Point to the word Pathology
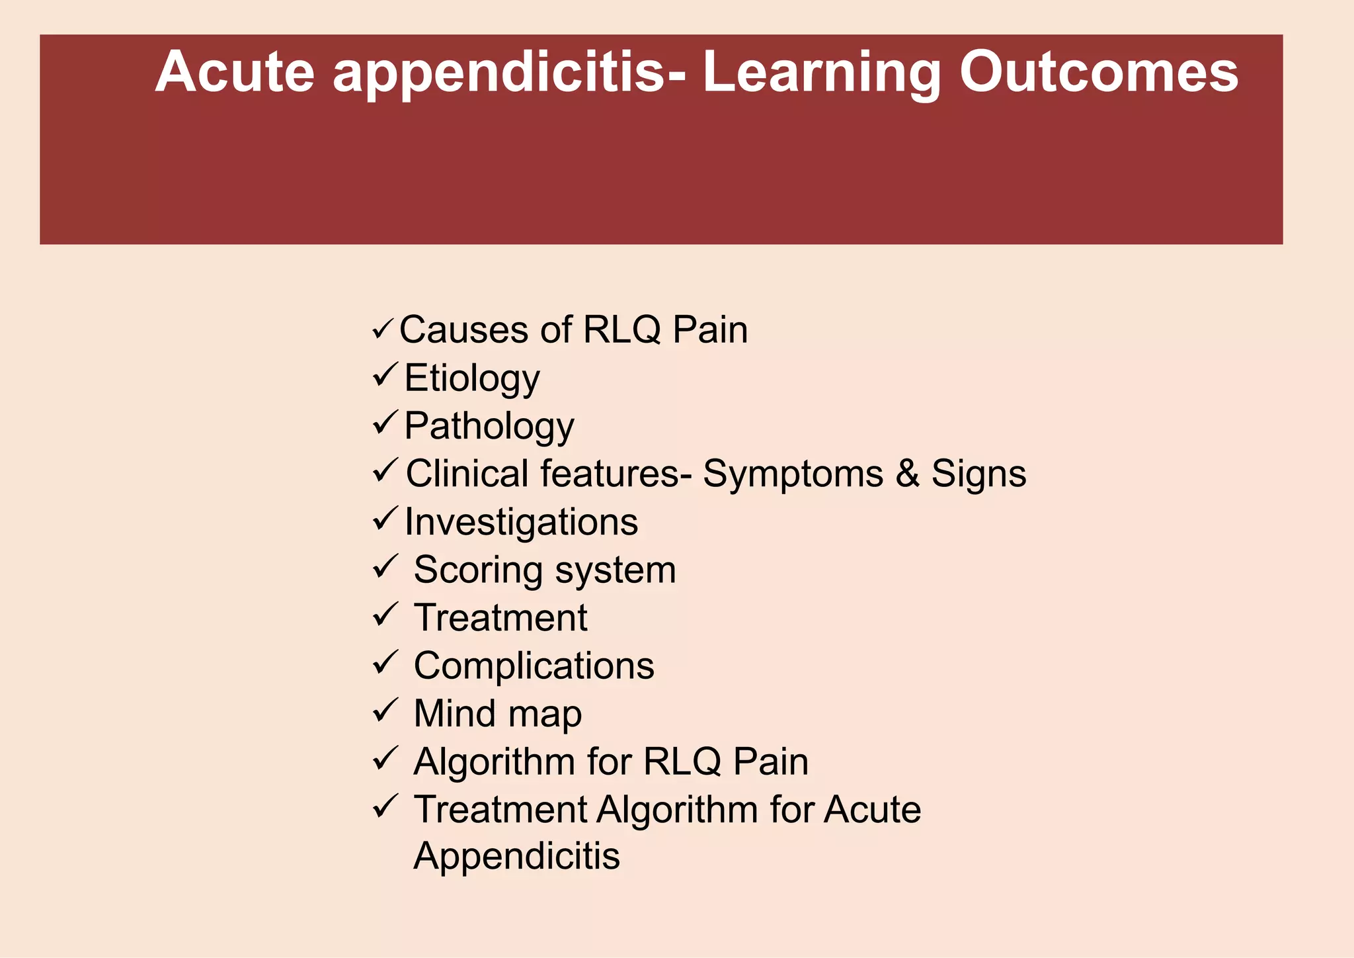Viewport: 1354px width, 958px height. (489, 427)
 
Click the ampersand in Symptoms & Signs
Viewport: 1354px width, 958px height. (907, 474)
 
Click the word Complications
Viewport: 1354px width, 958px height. (534, 666)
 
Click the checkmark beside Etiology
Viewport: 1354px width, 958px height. (385, 375)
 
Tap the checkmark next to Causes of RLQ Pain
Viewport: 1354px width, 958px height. (383, 328)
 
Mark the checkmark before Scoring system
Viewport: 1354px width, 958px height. (385, 566)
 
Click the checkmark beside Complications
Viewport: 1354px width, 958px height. (385, 662)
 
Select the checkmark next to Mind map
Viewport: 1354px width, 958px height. (385, 711)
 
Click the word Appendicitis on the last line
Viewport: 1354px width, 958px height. (516, 856)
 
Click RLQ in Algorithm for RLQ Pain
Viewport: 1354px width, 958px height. (682, 762)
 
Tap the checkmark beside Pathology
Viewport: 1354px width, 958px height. (385, 422)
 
